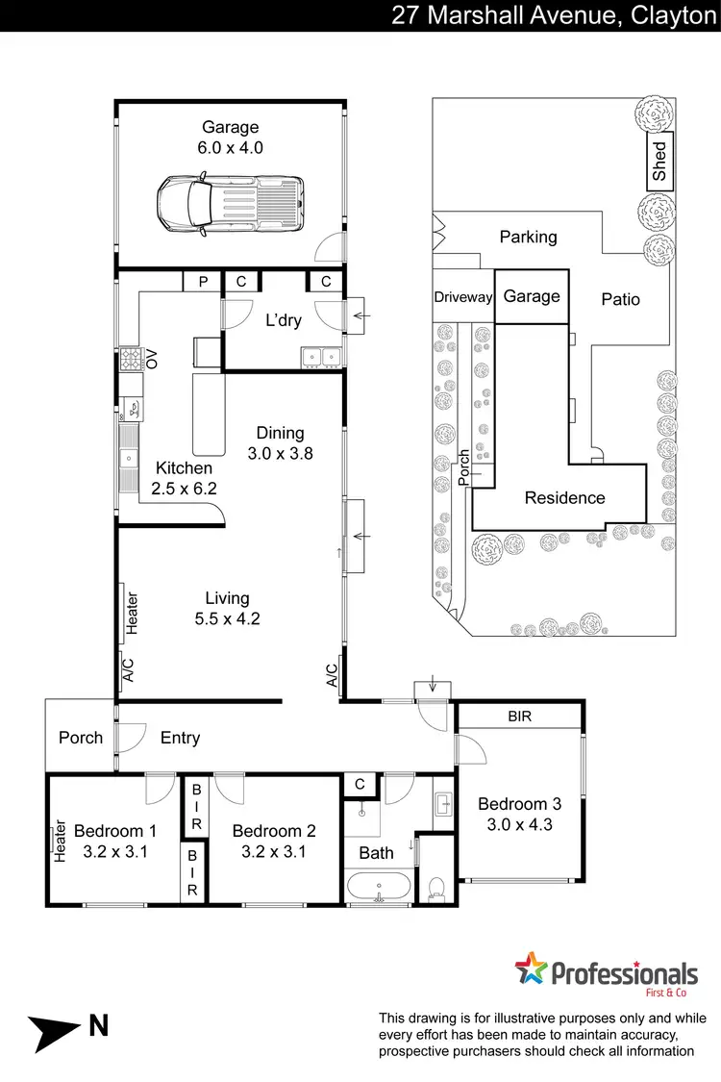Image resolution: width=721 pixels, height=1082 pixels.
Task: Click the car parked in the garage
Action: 231,204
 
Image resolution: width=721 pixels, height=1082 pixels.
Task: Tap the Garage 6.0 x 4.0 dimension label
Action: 231,148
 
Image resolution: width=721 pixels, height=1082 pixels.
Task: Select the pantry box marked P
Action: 203,282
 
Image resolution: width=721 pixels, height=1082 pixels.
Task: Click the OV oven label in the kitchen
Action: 151,360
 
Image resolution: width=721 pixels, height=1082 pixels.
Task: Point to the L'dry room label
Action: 284,319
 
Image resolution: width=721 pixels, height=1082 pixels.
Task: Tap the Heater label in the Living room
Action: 133,612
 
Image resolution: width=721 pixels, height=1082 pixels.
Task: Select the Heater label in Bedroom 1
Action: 61,840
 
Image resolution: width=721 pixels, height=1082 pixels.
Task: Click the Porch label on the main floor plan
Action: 81,738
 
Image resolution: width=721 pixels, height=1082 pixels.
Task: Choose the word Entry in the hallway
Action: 180,738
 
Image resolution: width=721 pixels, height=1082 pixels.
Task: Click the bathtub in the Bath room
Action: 380,888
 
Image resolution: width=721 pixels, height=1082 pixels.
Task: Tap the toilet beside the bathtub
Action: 437,885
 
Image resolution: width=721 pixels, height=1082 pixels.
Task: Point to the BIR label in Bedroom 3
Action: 519,717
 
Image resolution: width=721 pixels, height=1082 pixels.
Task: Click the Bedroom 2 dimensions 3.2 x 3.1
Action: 274,850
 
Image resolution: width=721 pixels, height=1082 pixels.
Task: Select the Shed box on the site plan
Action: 659,163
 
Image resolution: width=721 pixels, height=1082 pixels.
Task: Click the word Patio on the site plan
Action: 620,299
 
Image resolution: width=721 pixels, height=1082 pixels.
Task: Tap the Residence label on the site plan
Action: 564,497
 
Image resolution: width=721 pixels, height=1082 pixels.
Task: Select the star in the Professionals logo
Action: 531,969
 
